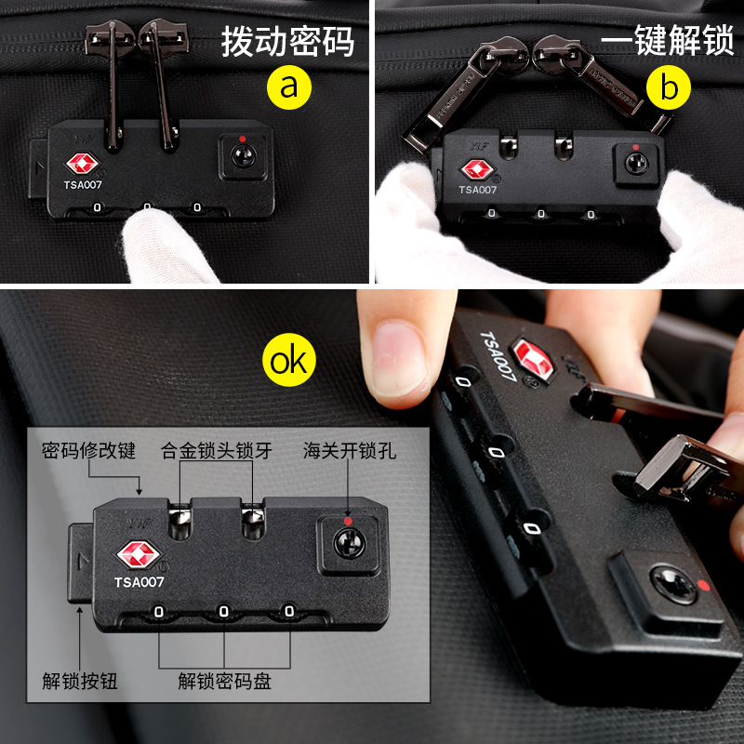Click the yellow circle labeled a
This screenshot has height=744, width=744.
pos(289,87)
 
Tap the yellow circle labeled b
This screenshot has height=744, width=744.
pos(669,87)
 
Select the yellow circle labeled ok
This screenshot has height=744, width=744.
pos(289,360)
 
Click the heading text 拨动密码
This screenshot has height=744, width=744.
pos(288,42)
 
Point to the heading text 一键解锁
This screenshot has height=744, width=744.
pos(668,40)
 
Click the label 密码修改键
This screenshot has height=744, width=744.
pos(88,451)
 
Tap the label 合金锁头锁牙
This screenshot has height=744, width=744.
pos(217,451)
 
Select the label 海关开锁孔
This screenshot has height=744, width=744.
pos(350,451)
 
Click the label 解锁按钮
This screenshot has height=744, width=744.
pos(80,681)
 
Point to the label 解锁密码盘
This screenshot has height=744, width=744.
pos(224,681)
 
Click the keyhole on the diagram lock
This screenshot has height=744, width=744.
pos(350,544)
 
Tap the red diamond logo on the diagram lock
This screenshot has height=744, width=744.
pos(139,554)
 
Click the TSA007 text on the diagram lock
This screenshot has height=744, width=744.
pos(139,582)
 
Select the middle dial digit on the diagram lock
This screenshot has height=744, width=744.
pos(224,612)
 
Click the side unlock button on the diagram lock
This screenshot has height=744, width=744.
pos(81,563)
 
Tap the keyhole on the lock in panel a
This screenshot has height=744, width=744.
pos(244,155)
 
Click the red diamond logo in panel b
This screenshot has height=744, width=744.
pos(477,169)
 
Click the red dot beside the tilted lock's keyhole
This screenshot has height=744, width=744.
pos(704,585)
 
